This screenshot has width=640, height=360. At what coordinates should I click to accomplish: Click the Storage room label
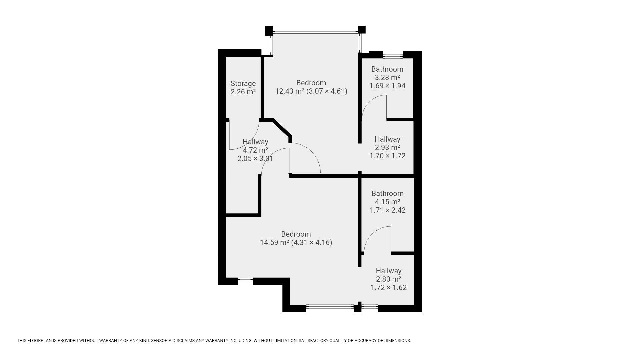tap(243, 83)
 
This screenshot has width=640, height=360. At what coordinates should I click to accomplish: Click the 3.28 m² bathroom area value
tap(387, 77)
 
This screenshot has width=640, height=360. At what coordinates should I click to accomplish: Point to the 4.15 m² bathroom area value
tap(387, 202)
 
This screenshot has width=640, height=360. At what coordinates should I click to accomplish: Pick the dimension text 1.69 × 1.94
tap(387, 86)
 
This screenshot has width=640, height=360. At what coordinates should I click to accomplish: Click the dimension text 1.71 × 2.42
tap(388, 210)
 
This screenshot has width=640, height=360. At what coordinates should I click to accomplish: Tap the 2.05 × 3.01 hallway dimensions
tap(255, 159)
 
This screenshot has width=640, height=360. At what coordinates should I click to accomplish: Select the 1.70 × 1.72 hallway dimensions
tap(388, 156)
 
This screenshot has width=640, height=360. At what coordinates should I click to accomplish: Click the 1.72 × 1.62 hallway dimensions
tap(389, 287)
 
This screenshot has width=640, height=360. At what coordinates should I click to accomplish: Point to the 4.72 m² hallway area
tap(255, 150)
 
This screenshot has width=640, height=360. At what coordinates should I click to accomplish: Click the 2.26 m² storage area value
tap(243, 92)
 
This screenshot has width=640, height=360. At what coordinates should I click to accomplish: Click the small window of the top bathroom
tap(393, 55)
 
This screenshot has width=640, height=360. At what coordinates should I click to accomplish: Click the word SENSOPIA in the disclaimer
tap(162, 341)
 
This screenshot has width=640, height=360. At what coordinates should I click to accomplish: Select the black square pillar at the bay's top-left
tap(269, 30)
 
